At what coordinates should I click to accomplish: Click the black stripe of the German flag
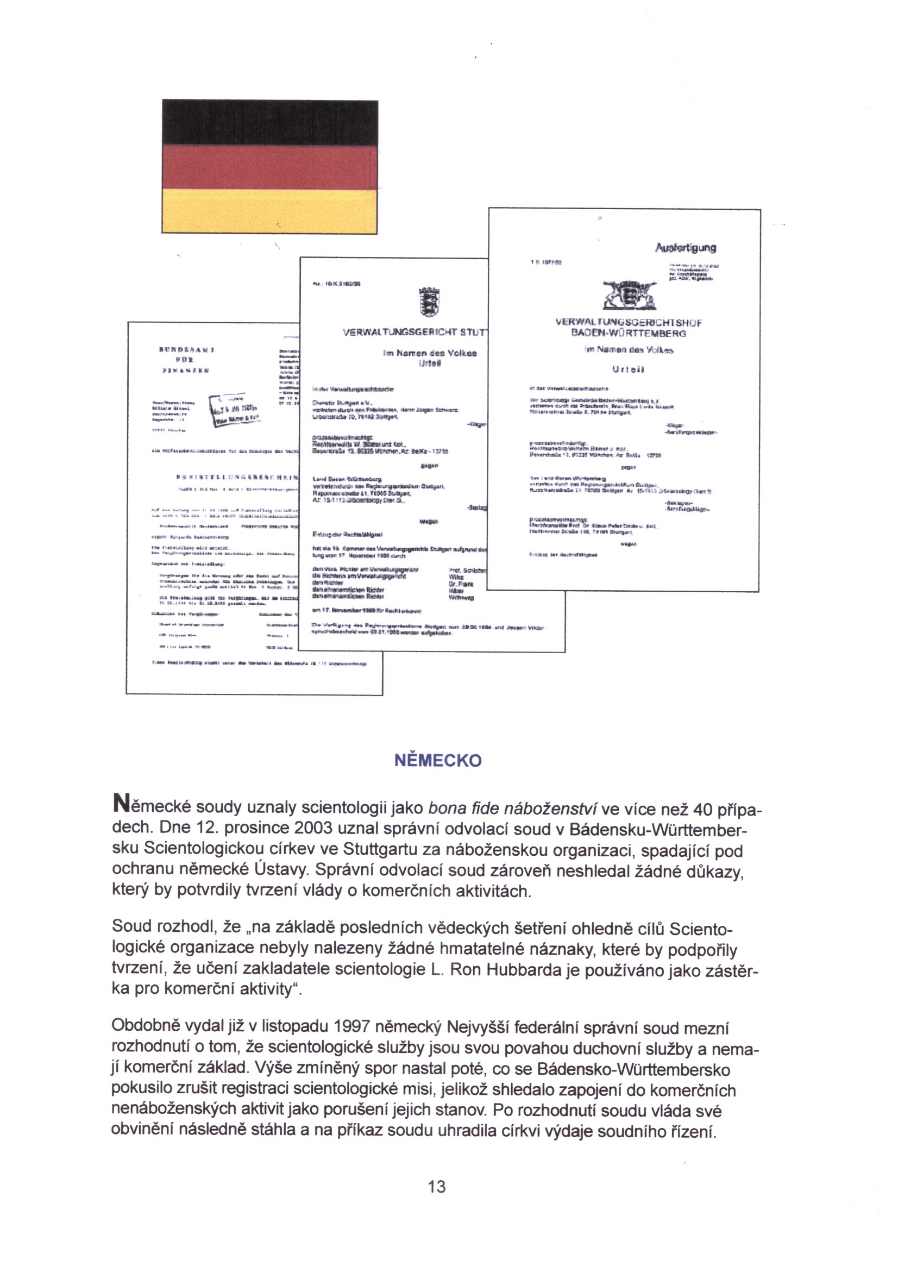coord(270,123)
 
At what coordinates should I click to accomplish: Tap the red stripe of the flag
coord(270,167)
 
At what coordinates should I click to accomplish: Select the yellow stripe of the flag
coord(270,211)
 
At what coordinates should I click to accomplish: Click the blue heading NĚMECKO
coord(438,761)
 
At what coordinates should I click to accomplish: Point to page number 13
coord(437,1186)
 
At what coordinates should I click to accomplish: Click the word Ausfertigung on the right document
coord(685,248)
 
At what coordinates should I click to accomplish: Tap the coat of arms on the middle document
coord(429,302)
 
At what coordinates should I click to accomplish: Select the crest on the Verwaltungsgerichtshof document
coord(629,296)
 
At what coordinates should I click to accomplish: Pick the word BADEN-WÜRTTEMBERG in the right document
coord(628,334)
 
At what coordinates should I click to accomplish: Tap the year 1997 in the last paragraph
coord(352,1027)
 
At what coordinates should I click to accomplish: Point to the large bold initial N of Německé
coord(120,804)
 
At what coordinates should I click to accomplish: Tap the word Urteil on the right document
coord(628,369)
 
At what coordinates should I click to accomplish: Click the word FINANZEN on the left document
coord(185,371)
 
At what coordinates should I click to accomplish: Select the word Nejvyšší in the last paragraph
coord(478,1027)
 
